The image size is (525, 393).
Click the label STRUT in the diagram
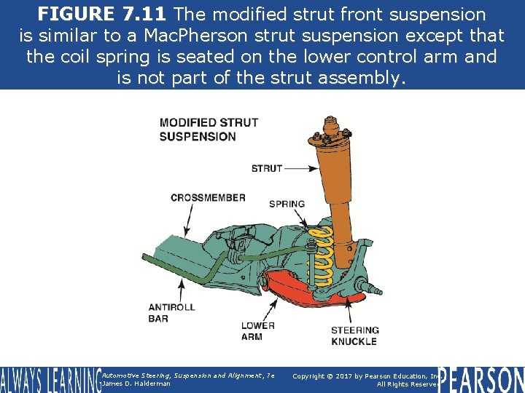(266, 168)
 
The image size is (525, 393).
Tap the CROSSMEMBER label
(208, 197)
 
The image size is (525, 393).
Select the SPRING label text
(287, 204)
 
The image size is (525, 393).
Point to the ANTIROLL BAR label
(171, 312)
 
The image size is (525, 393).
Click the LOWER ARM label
(257, 331)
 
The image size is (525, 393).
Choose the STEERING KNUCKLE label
(354, 336)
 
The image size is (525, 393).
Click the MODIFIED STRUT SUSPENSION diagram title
(209, 129)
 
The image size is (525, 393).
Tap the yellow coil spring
(321, 255)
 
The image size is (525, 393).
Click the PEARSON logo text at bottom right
(481, 379)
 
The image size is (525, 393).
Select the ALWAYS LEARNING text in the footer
(50, 379)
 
